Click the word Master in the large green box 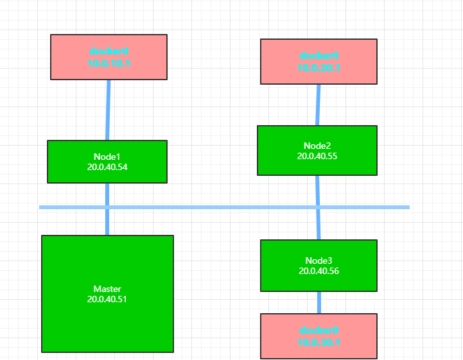[107, 289]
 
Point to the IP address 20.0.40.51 [107, 299]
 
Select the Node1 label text [107, 157]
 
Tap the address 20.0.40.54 [107, 167]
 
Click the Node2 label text [317, 146]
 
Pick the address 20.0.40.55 [317, 156]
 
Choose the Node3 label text [319, 261]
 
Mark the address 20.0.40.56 [319, 271]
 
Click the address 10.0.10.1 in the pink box [109, 63]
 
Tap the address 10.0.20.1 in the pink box [319, 68]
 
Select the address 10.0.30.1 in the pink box [319, 343]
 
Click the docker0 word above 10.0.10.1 [109, 51]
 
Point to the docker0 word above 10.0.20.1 [319, 56]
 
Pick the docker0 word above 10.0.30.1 [319, 330]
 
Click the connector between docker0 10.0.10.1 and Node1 [109, 110]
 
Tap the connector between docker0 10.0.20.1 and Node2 [318, 105]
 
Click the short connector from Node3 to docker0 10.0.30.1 [319, 302]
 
